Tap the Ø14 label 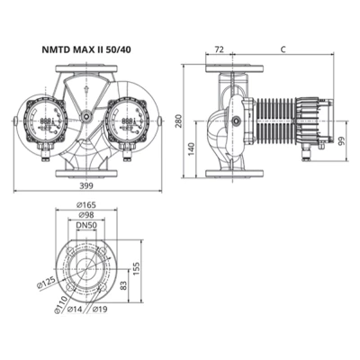pyautogui.click(x=76, y=311)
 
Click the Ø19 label pyautogui.click(x=100, y=311)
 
